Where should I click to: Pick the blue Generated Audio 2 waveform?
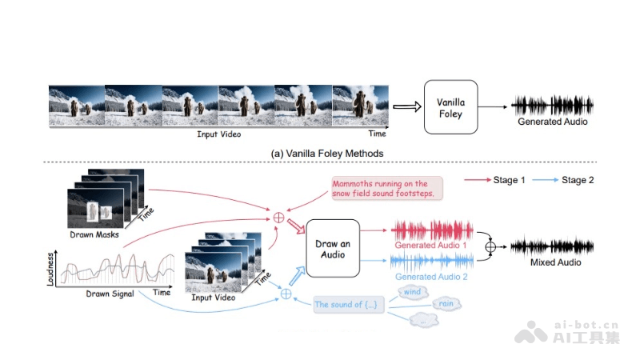coord(431,262)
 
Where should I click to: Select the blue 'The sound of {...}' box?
coord(350,305)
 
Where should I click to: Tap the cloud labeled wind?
coord(412,293)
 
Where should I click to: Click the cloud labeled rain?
coord(446,304)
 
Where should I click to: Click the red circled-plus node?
coord(279,217)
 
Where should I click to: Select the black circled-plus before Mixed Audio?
coord(491,246)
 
